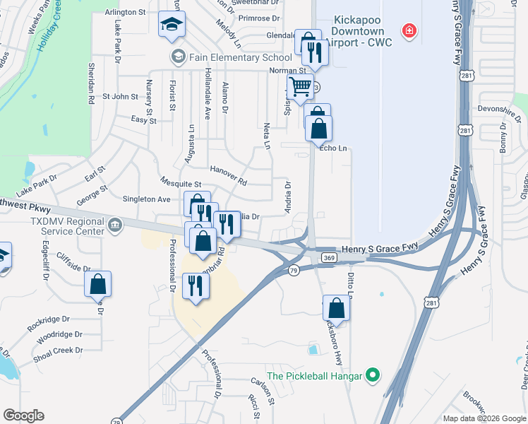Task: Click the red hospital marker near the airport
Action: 408,30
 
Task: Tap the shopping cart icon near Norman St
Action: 301,87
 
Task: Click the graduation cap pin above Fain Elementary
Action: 172,25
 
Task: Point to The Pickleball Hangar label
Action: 314,375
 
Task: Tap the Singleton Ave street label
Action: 147,199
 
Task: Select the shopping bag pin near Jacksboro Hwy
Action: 337,309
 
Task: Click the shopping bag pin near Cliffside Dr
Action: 98,285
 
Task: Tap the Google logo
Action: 23,416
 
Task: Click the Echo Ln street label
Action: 335,148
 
